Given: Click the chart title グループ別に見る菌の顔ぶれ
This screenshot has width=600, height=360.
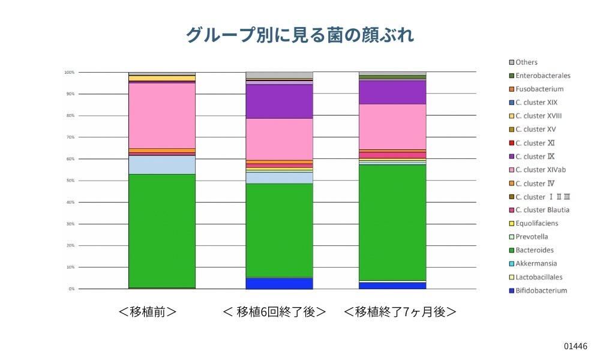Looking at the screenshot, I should point(299,35).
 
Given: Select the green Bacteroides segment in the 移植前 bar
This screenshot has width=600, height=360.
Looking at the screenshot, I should point(162,231).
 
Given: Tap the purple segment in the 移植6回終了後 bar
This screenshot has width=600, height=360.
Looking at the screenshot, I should point(279,101).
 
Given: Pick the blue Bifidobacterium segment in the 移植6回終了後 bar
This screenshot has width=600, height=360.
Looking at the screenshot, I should point(279,283).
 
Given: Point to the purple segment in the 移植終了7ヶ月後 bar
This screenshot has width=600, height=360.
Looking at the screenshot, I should point(392,92).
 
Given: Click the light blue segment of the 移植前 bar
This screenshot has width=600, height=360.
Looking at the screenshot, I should point(162,164).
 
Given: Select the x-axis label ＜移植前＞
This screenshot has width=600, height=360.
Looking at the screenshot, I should point(147,312).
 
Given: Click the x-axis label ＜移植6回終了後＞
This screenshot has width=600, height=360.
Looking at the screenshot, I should point(274,312).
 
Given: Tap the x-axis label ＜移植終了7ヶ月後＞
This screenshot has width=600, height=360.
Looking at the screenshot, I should point(400,312).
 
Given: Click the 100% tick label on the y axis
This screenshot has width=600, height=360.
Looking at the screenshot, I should point(69,73).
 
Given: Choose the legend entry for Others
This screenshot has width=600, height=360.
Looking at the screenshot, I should point(526,62).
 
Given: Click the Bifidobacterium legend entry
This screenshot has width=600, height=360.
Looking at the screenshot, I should point(541,291).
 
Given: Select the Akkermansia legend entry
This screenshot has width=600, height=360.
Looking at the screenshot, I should point(536,264).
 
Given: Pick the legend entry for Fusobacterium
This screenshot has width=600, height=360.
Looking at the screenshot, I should point(539,89).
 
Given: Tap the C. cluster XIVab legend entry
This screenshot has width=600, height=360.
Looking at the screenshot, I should point(541,170).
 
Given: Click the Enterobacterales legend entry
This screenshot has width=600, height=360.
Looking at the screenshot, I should point(542,76).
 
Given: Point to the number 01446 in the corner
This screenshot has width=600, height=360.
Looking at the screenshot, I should point(575,346).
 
